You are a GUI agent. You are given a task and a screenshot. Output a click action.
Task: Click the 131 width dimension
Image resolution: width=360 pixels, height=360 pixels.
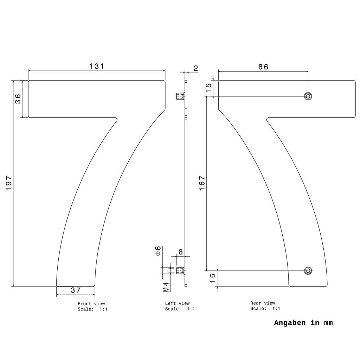click(x=97, y=66)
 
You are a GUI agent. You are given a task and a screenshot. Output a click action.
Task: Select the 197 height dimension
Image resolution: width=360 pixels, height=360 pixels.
click(x=9, y=183)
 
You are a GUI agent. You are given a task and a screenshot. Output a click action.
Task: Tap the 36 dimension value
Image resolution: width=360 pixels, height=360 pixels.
click(x=18, y=99)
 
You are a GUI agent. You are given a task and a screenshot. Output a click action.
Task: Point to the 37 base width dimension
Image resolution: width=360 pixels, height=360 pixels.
click(x=76, y=290)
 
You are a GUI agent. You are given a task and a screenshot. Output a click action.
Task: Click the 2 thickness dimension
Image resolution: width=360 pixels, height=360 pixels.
click(x=195, y=68)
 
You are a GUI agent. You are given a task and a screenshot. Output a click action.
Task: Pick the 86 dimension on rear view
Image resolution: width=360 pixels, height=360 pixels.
click(x=263, y=67)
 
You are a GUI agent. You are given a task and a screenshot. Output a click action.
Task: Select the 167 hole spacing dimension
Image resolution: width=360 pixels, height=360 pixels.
click(x=202, y=183)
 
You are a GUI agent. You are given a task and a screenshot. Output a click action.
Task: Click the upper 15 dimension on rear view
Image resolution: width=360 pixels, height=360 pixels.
click(x=208, y=88)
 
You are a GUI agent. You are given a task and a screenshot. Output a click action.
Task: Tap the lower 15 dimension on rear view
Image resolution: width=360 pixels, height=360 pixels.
click(x=213, y=278)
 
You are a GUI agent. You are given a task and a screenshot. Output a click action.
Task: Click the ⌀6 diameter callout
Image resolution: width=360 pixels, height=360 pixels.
click(x=158, y=251)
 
